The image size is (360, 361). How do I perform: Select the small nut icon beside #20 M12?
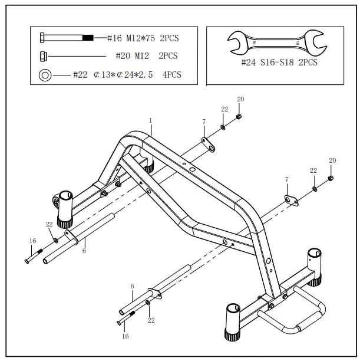tap(44, 57)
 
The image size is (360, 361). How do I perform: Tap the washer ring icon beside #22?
tap(44, 75)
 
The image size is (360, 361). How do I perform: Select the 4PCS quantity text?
tap(171, 75)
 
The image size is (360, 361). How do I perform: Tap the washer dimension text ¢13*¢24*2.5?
tap(123, 75)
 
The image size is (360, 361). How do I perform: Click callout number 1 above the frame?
tap(151, 120)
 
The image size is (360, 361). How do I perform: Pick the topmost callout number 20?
tap(240, 99)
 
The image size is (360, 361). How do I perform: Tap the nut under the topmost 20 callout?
tap(239, 116)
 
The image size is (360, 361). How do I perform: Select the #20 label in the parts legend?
tap(123, 57)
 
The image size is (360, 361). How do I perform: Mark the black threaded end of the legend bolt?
tap(87, 38)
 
